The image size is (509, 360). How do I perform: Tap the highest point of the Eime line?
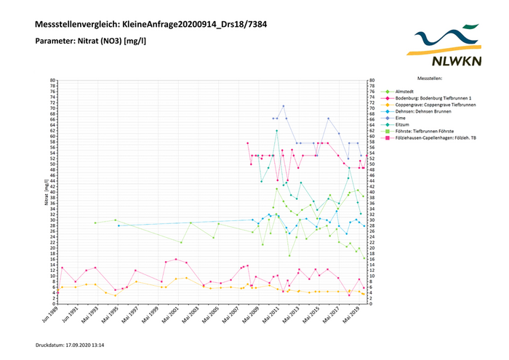[284, 106]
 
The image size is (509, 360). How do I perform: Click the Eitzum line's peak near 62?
[277, 131]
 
